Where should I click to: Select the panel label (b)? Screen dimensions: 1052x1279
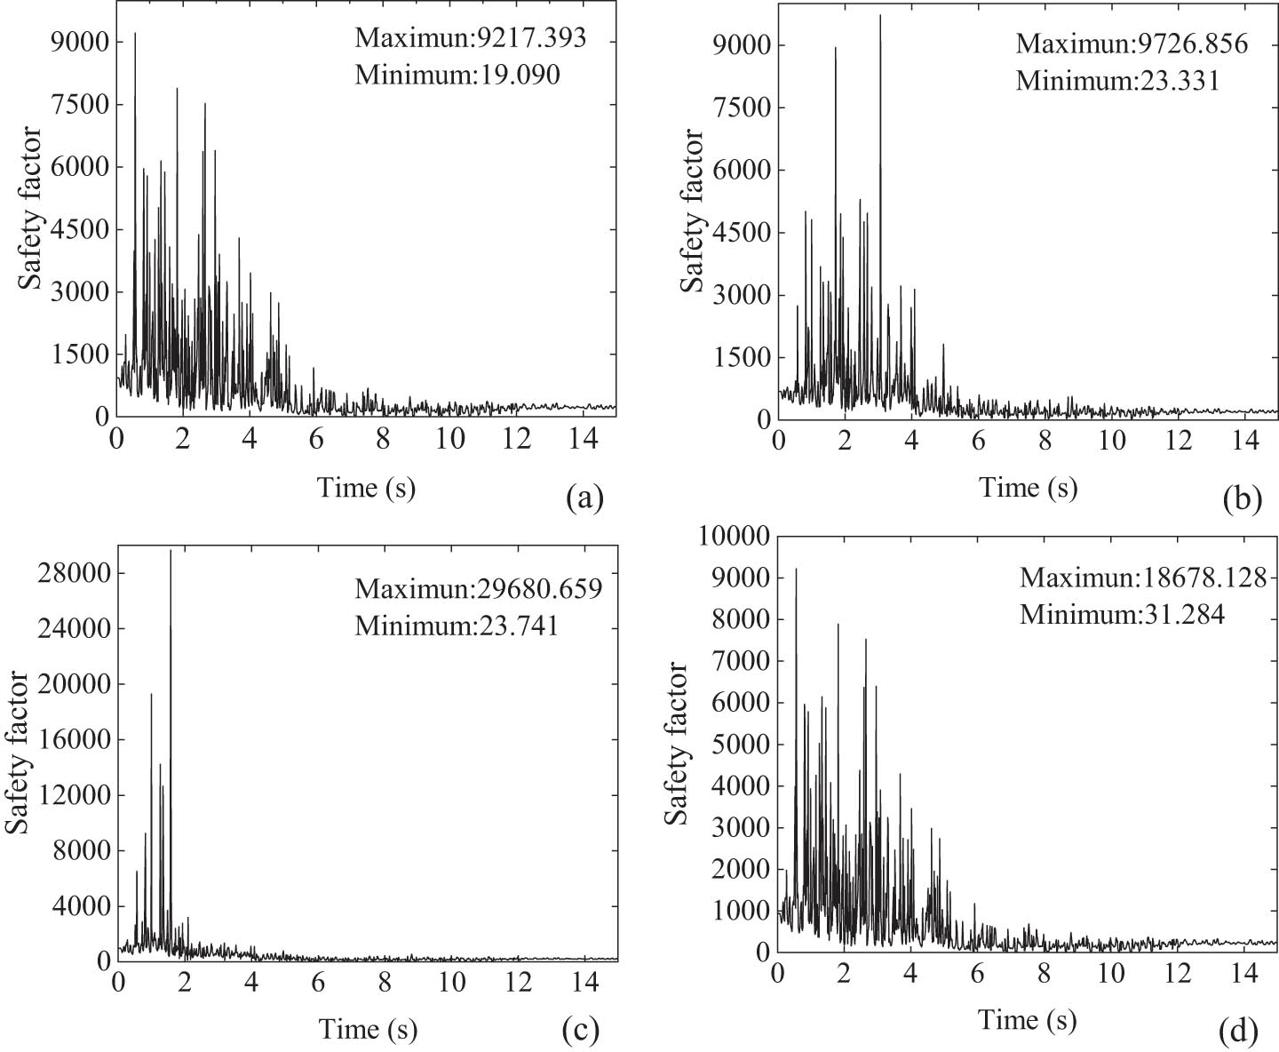pos(1242,500)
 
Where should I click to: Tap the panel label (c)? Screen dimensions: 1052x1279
pos(581,1030)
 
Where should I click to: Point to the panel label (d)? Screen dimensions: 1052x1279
pos(1238,1031)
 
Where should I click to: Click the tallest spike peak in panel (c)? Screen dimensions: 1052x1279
pos(171,551)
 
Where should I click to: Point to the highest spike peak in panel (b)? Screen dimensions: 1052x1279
pos(880,16)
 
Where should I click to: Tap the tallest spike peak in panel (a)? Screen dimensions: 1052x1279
pos(135,34)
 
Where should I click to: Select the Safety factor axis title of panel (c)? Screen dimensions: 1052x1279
pos(17,752)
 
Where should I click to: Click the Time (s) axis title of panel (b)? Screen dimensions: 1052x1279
pos(1028,488)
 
